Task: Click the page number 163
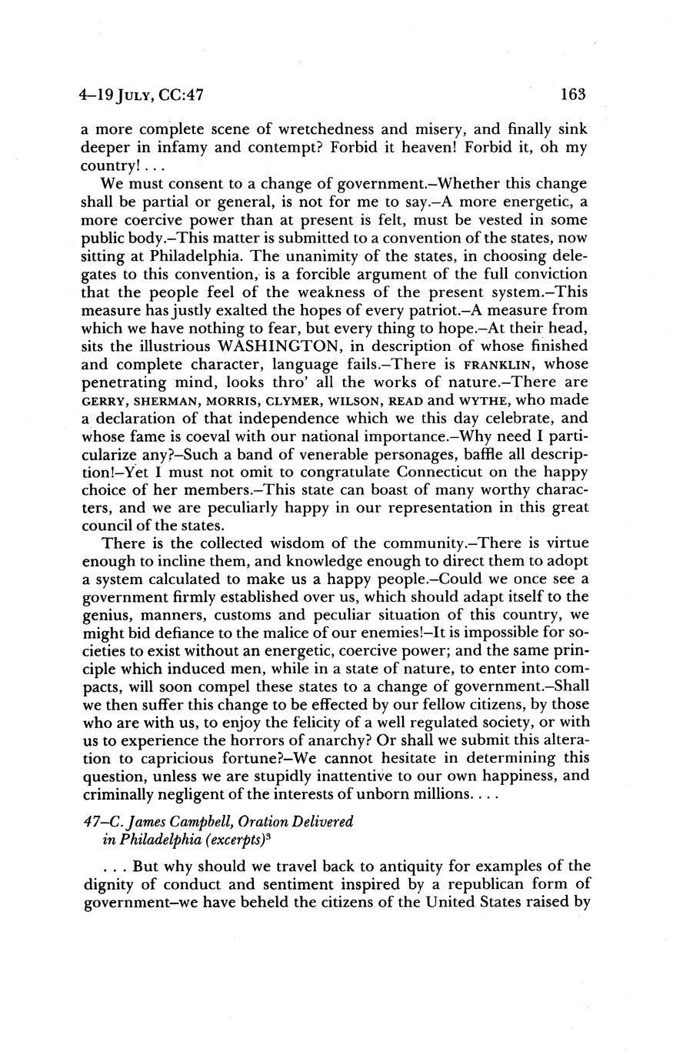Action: click(574, 95)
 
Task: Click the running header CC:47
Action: click(179, 95)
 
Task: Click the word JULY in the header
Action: click(139, 95)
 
